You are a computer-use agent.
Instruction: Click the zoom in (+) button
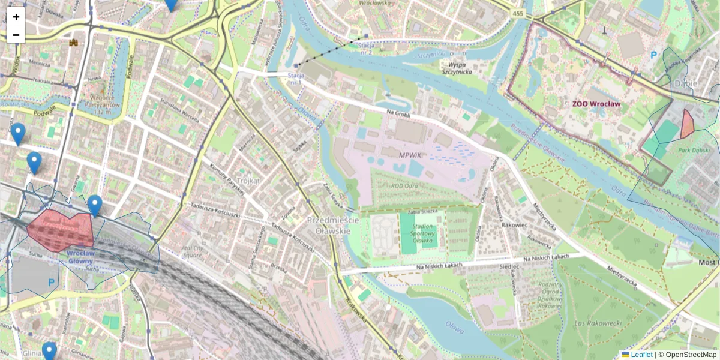16,17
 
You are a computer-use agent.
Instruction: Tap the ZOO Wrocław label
596,104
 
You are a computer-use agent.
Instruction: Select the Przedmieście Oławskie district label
333,226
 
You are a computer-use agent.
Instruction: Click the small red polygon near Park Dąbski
687,124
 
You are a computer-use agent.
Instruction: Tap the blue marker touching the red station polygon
95,205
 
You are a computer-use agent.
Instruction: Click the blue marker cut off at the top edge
171,4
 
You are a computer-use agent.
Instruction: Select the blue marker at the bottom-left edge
49,351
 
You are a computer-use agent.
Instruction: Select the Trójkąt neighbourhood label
248,180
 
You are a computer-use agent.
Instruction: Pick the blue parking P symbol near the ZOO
653,55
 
